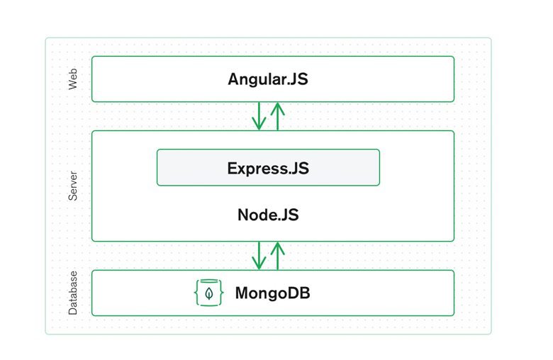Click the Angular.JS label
(268, 79)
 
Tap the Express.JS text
(268, 169)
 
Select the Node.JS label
(268, 215)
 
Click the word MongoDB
(273, 293)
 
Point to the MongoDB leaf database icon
(208, 293)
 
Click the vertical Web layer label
(72, 79)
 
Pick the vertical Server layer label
(72, 186)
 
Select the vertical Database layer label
(72, 293)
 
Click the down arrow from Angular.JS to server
(259, 116)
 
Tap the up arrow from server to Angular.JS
(277, 116)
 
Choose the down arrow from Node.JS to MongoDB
(259, 256)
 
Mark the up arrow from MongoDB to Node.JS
(277, 256)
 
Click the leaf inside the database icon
(208, 293)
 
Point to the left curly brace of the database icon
(196, 293)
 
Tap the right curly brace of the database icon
(221, 293)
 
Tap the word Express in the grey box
(257, 169)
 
